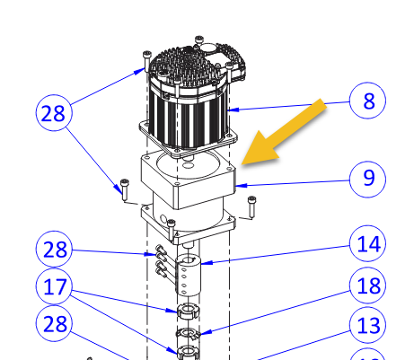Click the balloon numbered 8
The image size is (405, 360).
pos(369,101)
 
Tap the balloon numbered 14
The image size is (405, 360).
pos(368,243)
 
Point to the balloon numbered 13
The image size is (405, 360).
pos(368,324)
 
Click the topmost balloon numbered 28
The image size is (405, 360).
pos(56,114)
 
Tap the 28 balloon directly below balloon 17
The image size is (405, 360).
pos(56,324)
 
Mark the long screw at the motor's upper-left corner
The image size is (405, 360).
pos(146,61)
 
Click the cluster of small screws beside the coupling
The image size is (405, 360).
pos(160,259)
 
